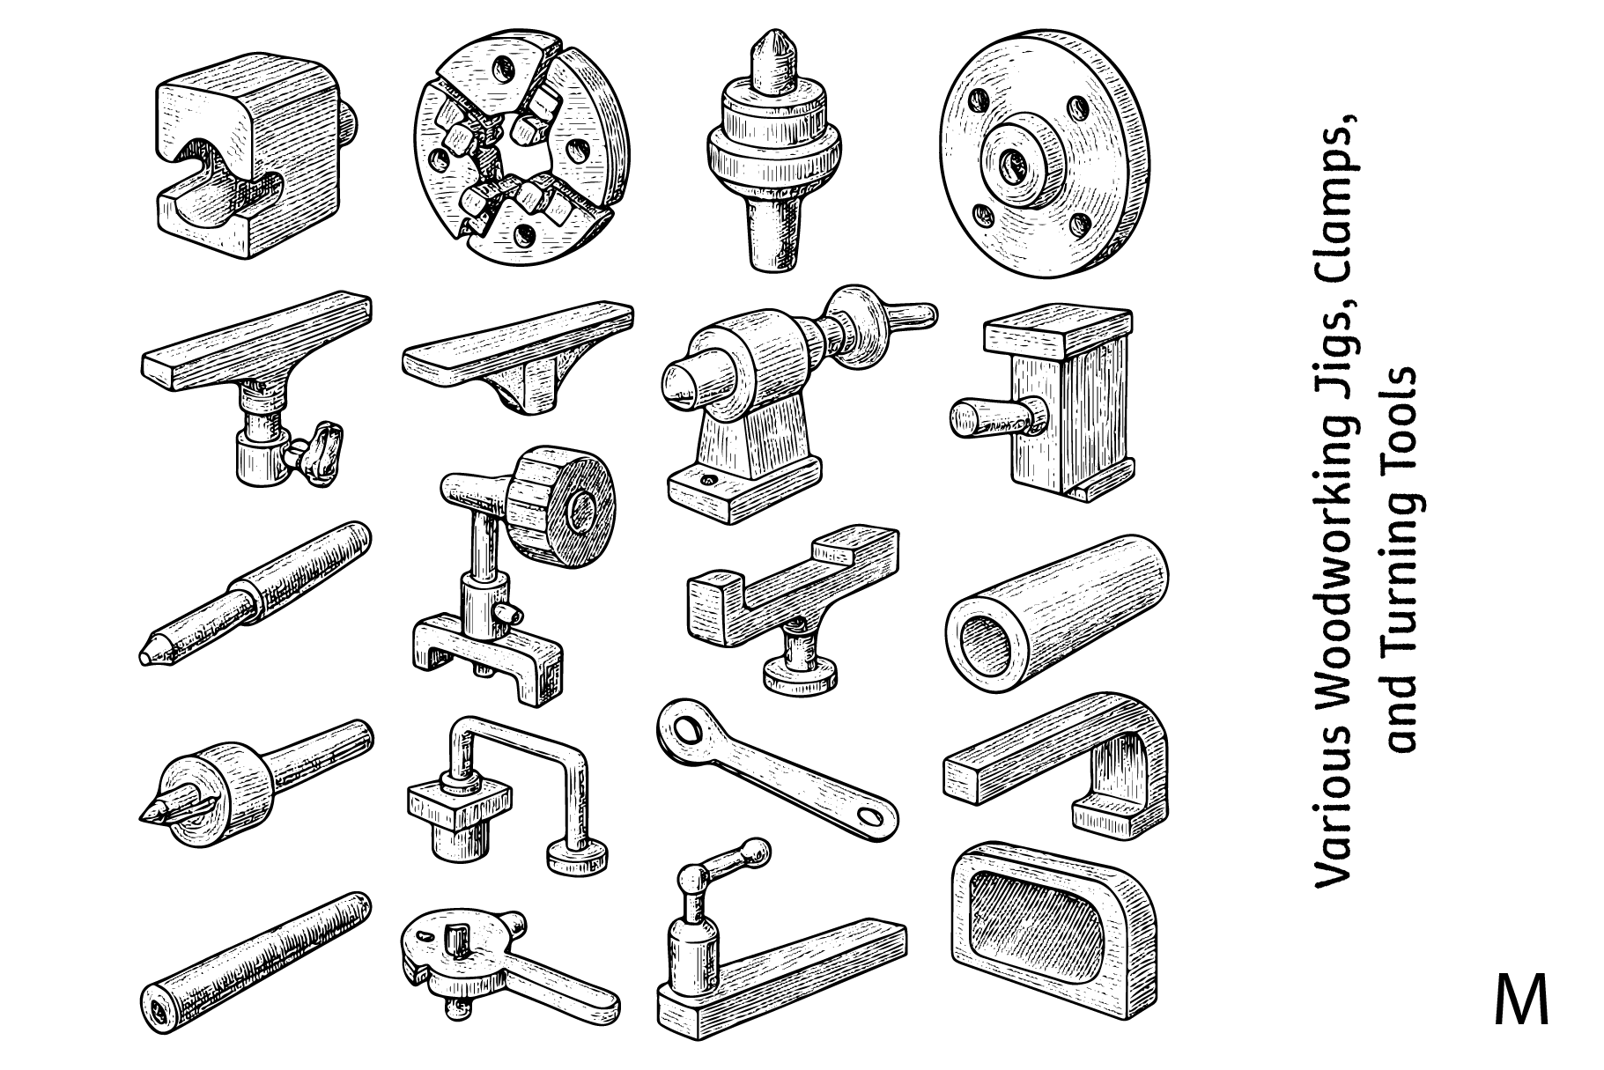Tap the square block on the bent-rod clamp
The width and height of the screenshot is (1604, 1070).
point(459,802)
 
